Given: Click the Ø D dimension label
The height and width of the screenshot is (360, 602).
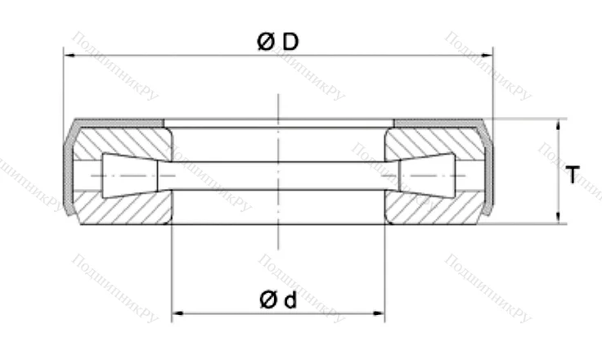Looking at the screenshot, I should coord(276,42).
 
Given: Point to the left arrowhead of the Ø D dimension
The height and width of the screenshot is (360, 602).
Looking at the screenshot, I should coord(68,56).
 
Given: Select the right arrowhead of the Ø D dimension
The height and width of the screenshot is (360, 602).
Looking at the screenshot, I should coord(488,56).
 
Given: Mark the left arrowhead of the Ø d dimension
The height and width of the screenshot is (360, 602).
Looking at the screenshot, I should coord(176,313).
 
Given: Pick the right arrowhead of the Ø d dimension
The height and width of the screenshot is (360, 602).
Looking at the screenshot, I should coord(380,313).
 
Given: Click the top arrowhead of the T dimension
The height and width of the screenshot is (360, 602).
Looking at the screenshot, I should coord(559,124).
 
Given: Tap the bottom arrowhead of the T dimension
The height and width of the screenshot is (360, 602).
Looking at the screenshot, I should coord(559,218).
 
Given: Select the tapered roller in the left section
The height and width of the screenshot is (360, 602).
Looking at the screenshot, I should coord(129,174).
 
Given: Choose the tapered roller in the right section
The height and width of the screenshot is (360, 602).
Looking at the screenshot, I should coord(426,174).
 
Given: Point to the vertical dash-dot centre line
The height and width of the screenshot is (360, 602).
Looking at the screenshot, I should coord(278,237).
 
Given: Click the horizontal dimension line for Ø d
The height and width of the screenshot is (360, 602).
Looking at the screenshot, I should coord(278,313).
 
